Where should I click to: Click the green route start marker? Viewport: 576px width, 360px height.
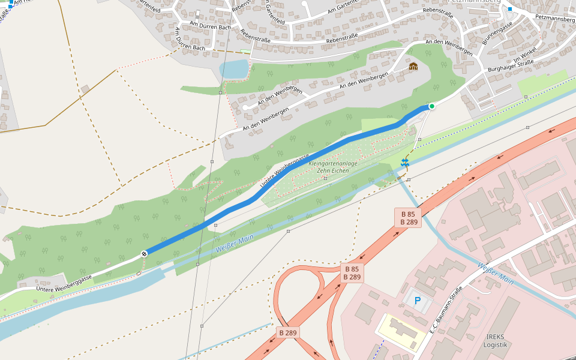pos(431,106)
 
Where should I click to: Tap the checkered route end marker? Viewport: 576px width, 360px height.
pos(144,254)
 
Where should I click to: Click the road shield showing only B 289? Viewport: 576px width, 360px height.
pos(288,332)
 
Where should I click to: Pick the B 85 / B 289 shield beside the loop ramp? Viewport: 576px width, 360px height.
pos(351,273)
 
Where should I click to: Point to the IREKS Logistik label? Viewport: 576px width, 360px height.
pos(496,340)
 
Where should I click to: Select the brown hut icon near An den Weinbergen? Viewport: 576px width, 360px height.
pos(413,66)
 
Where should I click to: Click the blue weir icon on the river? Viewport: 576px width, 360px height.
pos(405,162)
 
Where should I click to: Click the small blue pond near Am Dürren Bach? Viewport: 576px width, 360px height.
pos(235,69)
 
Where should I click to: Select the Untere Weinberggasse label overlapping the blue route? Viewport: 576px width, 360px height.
pos(281,173)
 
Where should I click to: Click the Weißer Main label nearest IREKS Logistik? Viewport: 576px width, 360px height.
pos(496,272)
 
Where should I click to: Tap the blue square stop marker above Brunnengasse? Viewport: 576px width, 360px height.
pos(509,9)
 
